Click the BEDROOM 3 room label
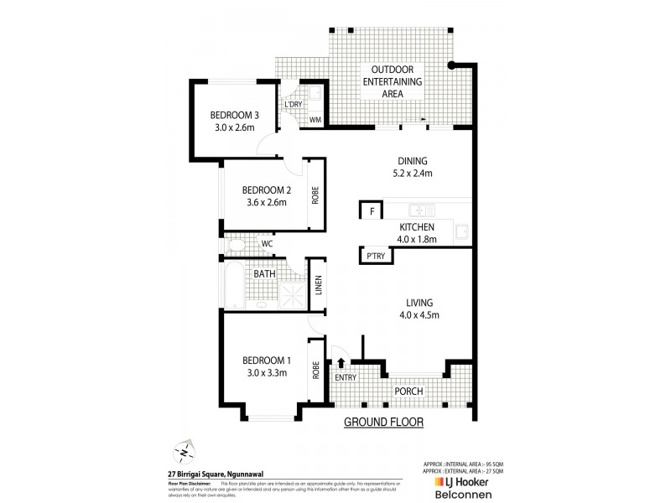click(234, 115)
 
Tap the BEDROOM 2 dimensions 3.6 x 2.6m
click(264, 202)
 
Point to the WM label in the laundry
click(315, 120)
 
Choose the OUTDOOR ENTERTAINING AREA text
click(392, 82)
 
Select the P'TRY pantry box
click(373, 256)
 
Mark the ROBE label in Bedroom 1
click(316, 370)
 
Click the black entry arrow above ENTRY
click(341, 362)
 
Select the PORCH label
click(408, 392)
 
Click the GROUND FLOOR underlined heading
click(383, 422)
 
